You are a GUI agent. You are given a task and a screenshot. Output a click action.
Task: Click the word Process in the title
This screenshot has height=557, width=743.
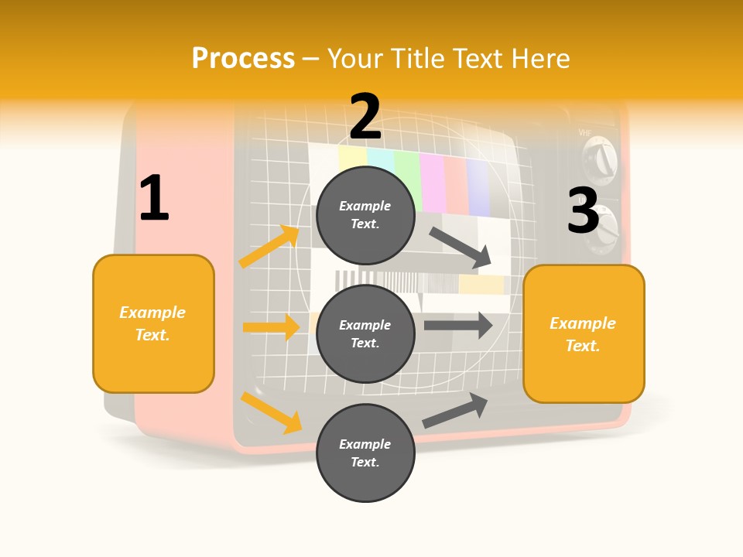coord(243,59)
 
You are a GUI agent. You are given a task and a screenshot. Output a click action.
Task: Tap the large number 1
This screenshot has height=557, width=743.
coord(154,199)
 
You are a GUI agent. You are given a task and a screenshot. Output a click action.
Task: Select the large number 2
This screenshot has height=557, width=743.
coord(365,118)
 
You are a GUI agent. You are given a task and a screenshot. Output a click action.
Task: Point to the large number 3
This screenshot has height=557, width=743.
coord(584,210)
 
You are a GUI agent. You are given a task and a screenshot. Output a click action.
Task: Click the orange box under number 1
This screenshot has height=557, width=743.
coord(153,323)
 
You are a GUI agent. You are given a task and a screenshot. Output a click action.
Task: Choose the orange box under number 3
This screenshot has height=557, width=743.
coord(584,333)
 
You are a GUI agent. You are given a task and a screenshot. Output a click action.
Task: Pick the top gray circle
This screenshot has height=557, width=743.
coord(365,215)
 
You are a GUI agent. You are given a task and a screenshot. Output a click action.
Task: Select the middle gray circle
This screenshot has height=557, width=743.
coord(365,333)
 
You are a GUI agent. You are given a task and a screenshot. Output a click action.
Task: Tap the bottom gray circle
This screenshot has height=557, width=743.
coord(365,453)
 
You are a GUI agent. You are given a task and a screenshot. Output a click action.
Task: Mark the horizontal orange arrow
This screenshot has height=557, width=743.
coord(271,327)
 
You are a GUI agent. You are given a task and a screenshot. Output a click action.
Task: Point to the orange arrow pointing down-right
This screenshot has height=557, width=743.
coord(271,412)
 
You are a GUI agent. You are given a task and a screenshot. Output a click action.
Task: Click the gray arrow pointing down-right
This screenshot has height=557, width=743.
coord(461,248)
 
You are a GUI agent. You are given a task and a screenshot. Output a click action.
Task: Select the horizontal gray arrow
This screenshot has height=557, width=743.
coord(458,325)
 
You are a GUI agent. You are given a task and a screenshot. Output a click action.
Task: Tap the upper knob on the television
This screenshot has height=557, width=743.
coord(601,162)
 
